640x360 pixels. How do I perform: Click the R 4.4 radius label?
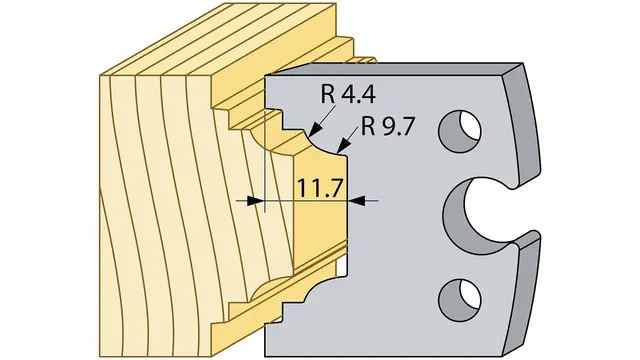click(348, 95)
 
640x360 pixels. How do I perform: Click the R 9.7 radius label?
click(387, 127)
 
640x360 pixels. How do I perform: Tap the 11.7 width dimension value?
click(319, 188)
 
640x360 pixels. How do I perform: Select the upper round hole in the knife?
click(459, 131)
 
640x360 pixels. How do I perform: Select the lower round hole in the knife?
click(459, 300)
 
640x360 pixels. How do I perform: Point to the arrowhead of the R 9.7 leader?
click(344, 146)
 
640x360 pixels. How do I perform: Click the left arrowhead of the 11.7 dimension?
click(254, 201)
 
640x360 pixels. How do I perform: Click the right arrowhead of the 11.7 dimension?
click(357, 201)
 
